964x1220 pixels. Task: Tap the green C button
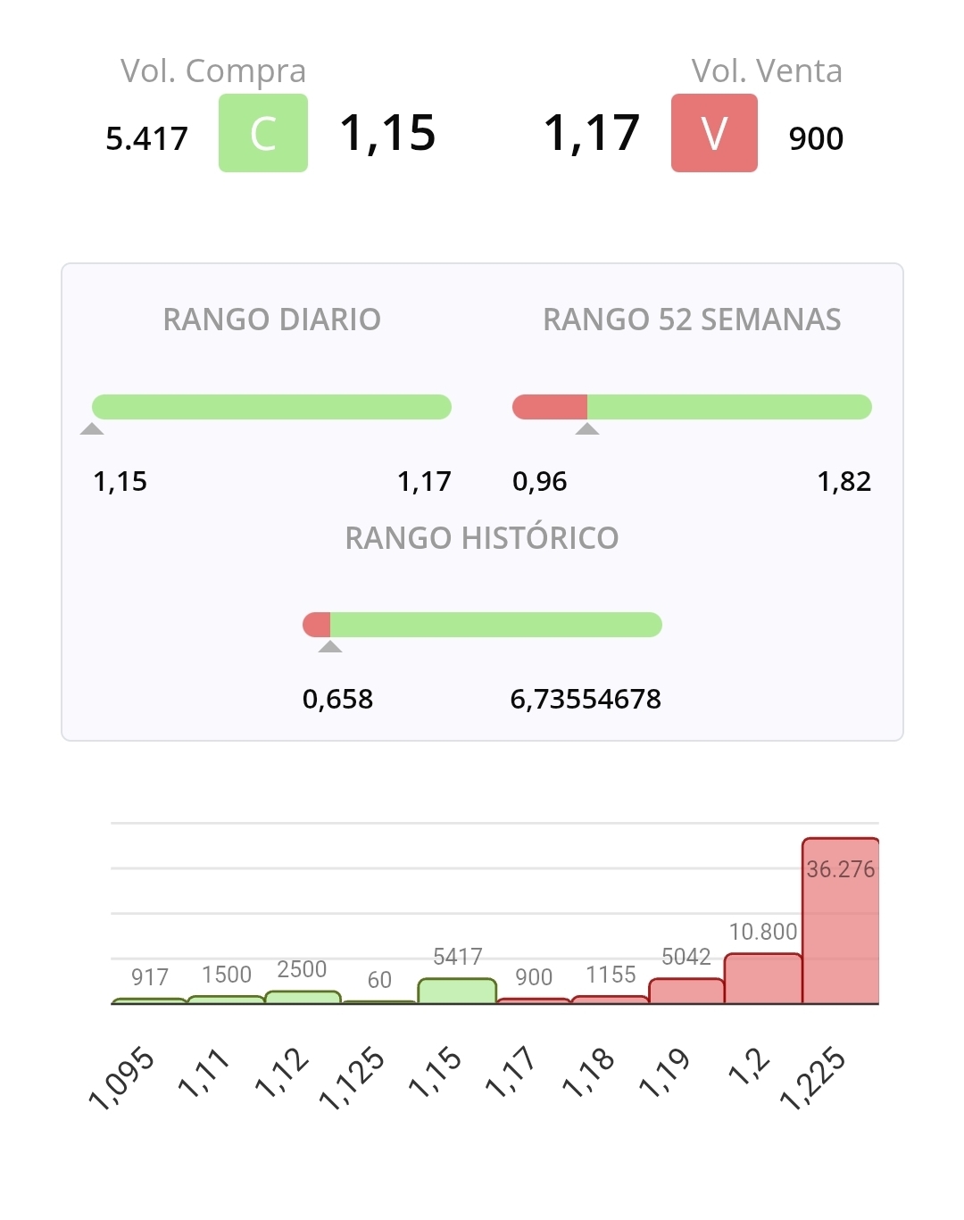[x=263, y=133]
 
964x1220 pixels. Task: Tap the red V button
[x=714, y=133]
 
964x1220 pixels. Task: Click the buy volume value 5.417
[x=147, y=138]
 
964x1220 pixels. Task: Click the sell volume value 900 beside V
[x=816, y=138]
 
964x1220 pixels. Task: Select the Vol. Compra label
[x=213, y=71]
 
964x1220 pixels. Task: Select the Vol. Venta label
[x=767, y=71]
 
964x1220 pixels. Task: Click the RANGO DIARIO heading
[x=272, y=320]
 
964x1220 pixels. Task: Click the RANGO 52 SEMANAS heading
[x=692, y=320]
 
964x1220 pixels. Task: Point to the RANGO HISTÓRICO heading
[x=482, y=538]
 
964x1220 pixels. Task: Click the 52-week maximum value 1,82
[x=843, y=482]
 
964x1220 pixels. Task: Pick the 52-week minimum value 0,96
[x=539, y=482]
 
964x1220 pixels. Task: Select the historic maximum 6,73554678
[x=586, y=699]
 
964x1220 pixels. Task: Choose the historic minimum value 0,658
[x=337, y=699]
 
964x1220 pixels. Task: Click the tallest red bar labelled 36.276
[x=840, y=928]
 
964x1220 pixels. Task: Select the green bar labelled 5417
[x=457, y=992]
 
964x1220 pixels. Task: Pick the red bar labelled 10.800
[x=763, y=979]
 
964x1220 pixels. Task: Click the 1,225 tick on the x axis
[x=812, y=1080]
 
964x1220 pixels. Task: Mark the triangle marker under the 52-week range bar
[x=587, y=429]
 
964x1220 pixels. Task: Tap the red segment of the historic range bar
[x=317, y=625]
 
